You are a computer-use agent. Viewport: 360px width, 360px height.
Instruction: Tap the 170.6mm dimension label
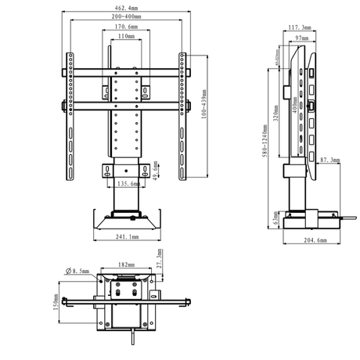pos(124,27)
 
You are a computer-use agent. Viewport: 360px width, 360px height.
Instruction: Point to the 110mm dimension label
pos(124,36)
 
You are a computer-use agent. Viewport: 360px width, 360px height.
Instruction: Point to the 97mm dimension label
pos(303,37)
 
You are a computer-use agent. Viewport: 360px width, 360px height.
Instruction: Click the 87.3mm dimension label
pos(330,160)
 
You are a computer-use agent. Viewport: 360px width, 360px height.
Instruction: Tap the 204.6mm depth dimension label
pos(316,241)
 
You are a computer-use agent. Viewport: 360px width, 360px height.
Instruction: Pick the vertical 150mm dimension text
pos(57,301)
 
